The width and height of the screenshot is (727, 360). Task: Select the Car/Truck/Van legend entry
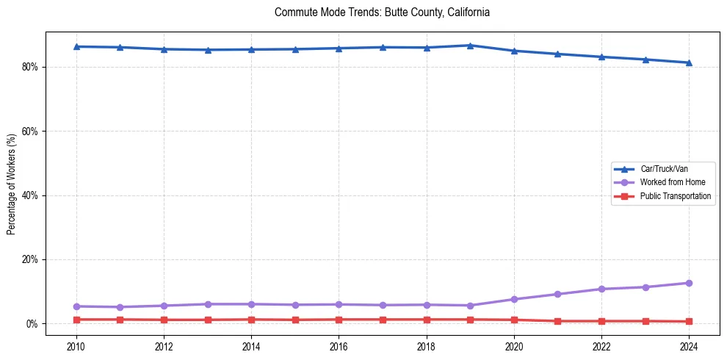(x=663, y=169)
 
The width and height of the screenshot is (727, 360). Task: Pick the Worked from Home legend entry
(x=669, y=182)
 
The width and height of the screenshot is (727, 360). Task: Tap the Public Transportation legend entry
(x=675, y=196)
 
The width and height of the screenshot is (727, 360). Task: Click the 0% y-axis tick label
(x=34, y=324)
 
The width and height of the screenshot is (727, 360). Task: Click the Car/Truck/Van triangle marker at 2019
(x=470, y=46)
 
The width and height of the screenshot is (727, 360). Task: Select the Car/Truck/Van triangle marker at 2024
(x=689, y=62)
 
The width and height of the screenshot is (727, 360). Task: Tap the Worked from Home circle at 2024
(x=689, y=283)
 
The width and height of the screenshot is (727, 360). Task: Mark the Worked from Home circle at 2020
(x=514, y=299)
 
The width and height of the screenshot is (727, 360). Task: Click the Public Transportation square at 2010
(x=76, y=320)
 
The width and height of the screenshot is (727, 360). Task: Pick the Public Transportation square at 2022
(x=601, y=321)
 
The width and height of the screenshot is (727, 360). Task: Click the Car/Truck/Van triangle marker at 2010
(x=76, y=46)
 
